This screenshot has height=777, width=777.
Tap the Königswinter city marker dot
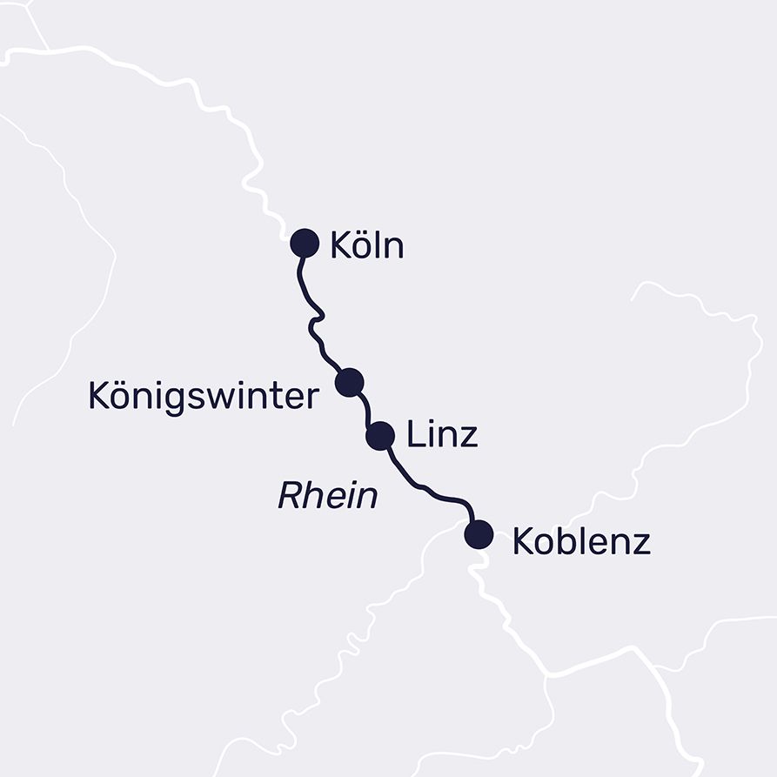[x=349, y=382]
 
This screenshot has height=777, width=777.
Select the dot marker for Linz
[x=380, y=435]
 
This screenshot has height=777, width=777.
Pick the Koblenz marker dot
[x=479, y=533]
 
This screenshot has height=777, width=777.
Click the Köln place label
[x=366, y=245]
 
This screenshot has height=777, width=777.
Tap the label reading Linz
[x=442, y=435]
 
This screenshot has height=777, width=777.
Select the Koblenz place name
[x=581, y=541]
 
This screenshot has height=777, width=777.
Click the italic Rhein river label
[x=327, y=497]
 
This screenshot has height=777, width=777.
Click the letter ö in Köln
[x=360, y=247]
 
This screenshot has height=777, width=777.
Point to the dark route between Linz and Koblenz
[x=426, y=487]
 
